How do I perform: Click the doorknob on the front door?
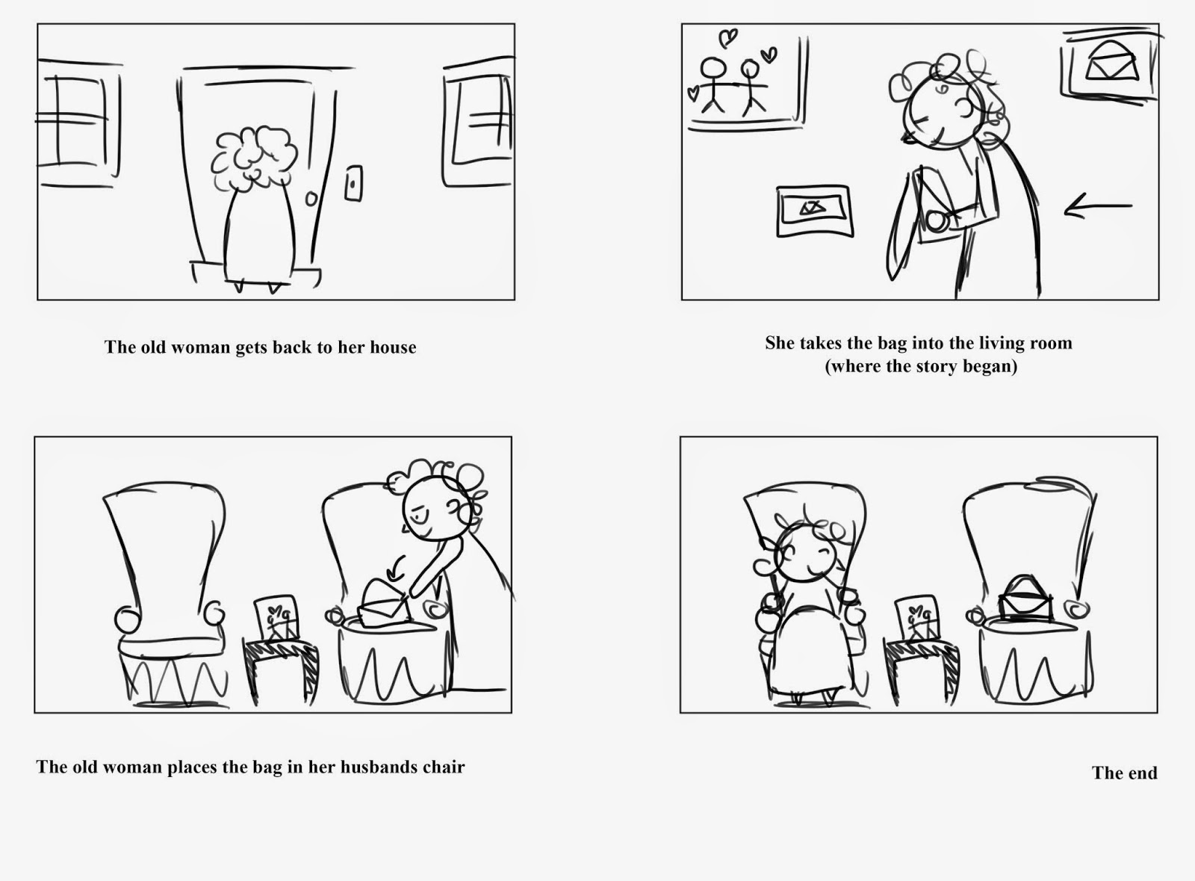tap(311, 200)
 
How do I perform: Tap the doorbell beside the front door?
tap(353, 183)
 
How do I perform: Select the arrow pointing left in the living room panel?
tap(1096, 207)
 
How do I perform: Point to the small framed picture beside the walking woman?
tap(814, 211)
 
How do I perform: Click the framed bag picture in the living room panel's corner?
tap(1108, 64)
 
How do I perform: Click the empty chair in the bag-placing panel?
tap(164, 590)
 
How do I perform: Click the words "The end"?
tap(1124, 773)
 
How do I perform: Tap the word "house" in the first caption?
tap(393, 347)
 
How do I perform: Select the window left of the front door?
tap(78, 123)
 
